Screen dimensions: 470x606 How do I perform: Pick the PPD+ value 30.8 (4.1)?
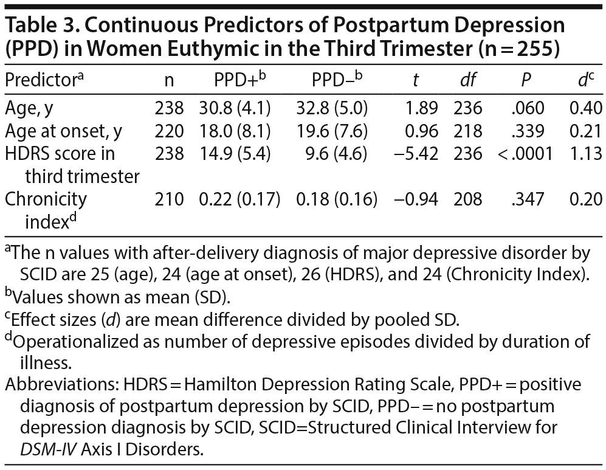click(x=235, y=108)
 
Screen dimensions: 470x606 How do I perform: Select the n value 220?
click(x=169, y=131)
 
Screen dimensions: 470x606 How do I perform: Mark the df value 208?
click(x=467, y=199)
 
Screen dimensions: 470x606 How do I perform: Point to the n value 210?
click(x=169, y=199)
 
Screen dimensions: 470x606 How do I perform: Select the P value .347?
click(x=526, y=199)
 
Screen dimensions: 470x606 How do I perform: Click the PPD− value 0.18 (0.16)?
click(x=336, y=199)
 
